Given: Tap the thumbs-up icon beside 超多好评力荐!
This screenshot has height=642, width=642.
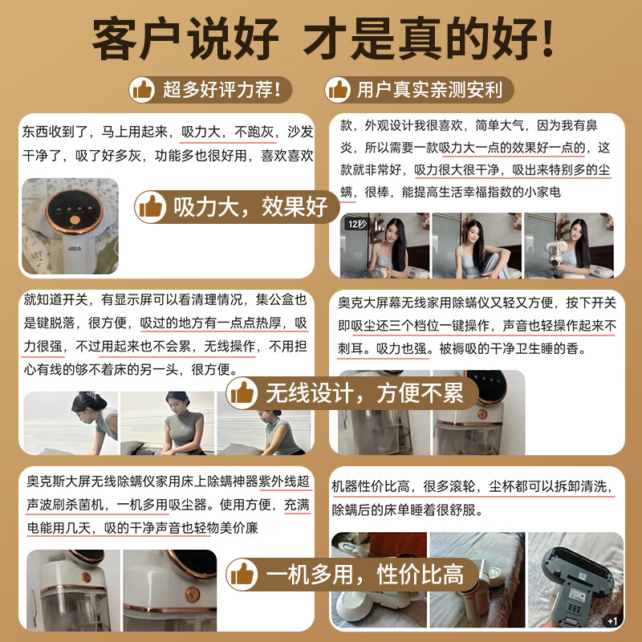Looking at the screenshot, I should [x=142, y=88].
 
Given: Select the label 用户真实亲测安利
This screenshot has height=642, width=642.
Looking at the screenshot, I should [x=429, y=88].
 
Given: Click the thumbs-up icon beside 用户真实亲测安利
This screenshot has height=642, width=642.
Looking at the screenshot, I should [x=338, y=88].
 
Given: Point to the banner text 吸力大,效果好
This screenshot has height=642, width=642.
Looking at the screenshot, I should [x=250, y=207].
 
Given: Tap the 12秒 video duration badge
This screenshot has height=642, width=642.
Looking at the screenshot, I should [x=358, y=224].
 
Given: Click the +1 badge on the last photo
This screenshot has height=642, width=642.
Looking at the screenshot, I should [x=612, y=620].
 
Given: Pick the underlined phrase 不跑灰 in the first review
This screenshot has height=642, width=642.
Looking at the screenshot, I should [x=252, y=131].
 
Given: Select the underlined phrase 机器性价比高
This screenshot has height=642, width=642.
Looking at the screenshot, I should [x=373, y=487].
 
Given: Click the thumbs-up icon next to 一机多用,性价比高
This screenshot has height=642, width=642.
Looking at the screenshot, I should [x=242, y=573].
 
